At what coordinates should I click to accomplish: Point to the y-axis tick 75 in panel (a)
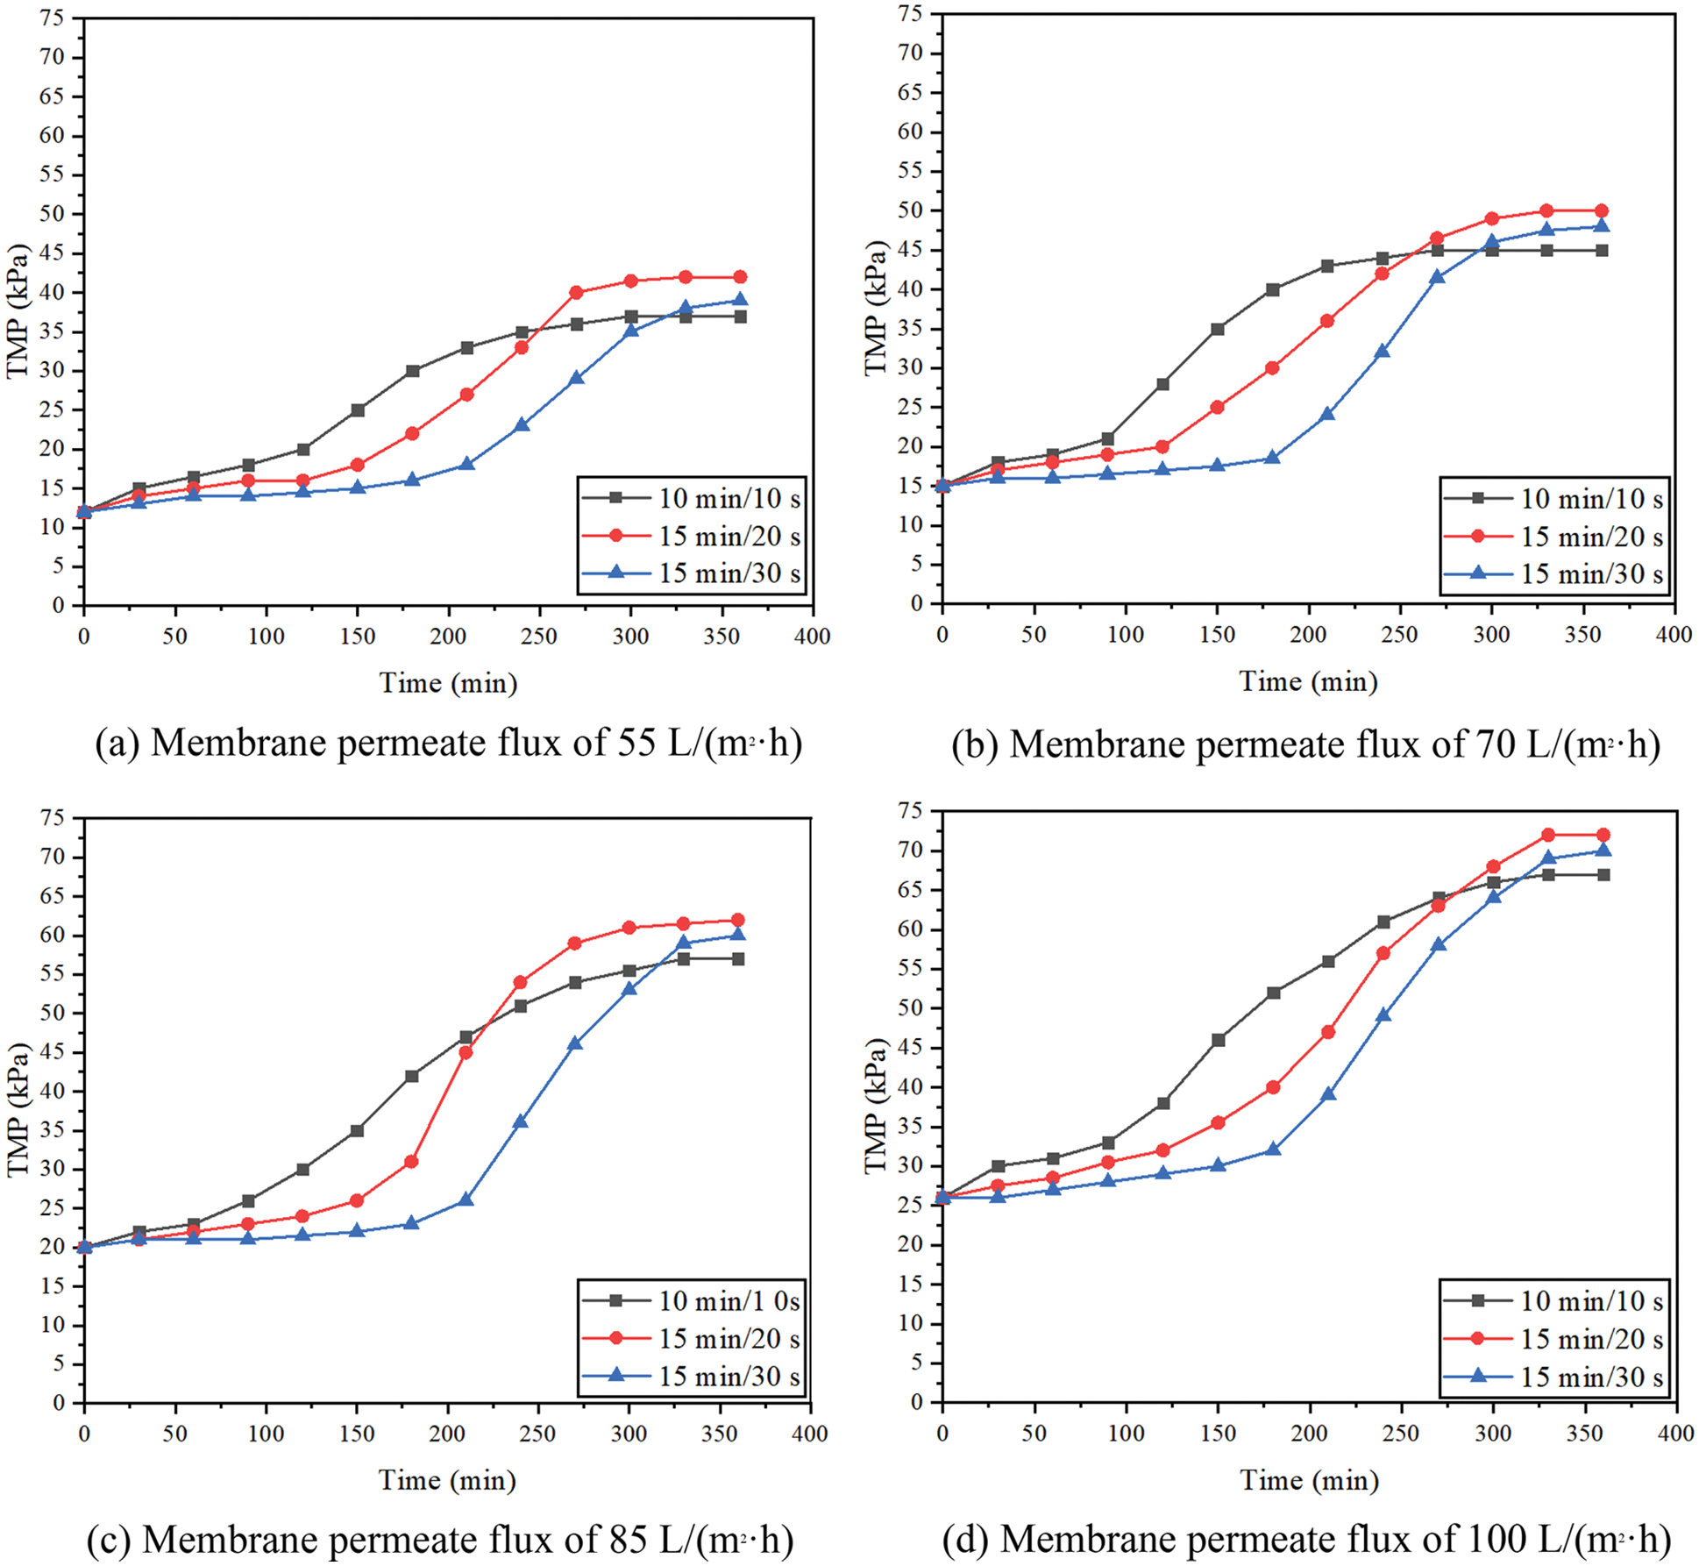(x=52, y=18)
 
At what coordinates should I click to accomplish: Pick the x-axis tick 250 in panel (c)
(x=537, y=1434)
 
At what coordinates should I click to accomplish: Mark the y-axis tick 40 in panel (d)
(x=910, y=1087)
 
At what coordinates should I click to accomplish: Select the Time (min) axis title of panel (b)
(x=1308, y=681)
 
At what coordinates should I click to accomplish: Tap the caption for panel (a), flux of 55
(x=448, y=744)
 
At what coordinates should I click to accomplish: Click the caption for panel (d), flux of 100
(x=1306, y=1539)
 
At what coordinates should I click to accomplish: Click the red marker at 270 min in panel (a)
(x=576, y=292)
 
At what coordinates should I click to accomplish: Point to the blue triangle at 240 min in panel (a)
(x=522, y=424)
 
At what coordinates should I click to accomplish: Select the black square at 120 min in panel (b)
(x=1162, y=384)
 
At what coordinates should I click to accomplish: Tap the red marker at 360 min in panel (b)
(x=1601, y=210)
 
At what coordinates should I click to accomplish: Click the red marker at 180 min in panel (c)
(x=411, y=1162)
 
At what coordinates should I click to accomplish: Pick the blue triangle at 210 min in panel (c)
(x=466, y=1199)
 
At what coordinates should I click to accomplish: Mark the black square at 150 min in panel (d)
(x=1218, y=1040)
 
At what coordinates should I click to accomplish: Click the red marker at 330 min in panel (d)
(x=1548, y=835)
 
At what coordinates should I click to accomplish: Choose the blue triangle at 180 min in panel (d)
(x=1273, y=1149)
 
